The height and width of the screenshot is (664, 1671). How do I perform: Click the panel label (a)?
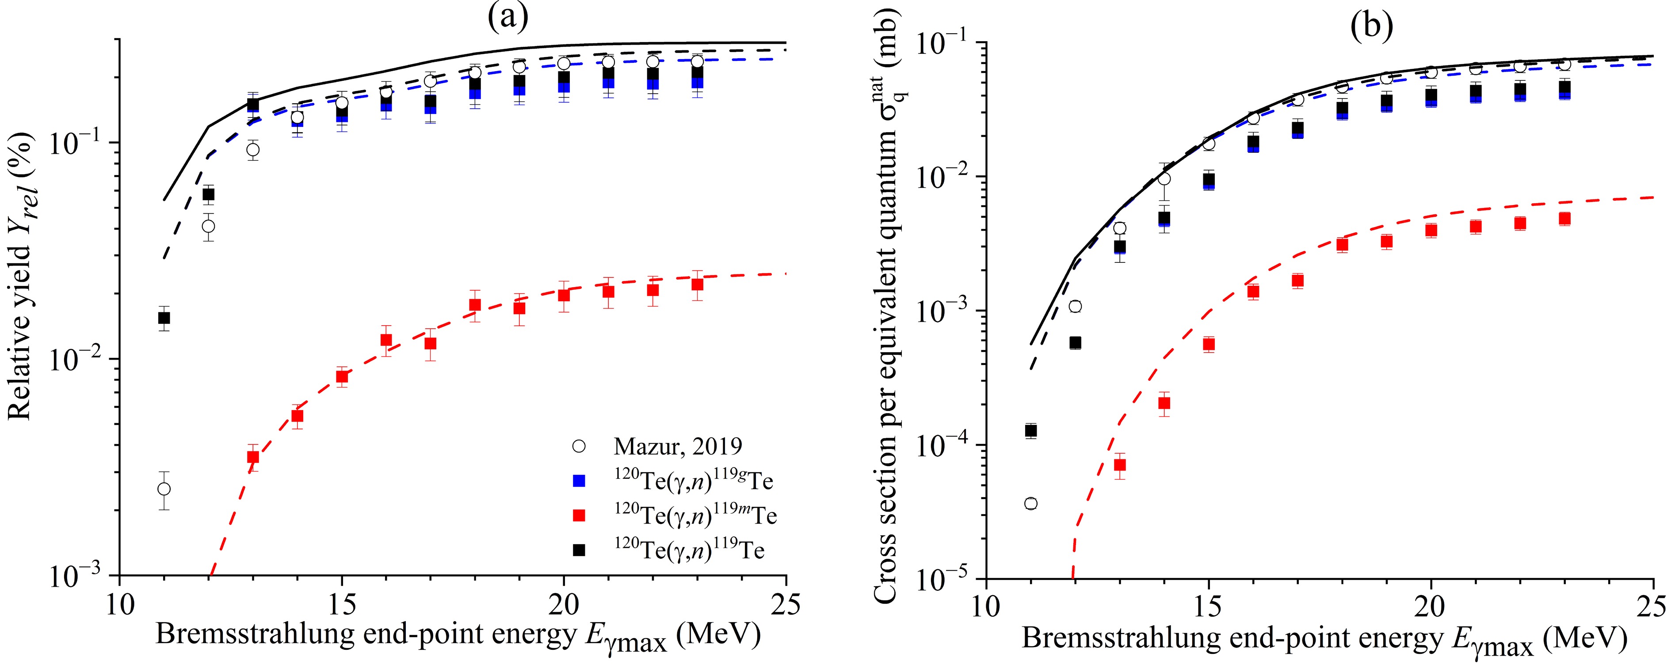[508, 18]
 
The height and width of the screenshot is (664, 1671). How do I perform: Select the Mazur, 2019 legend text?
[678, 446]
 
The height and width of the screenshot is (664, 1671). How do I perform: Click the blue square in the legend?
[579, 481]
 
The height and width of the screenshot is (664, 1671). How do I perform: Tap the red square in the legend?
[579, 516]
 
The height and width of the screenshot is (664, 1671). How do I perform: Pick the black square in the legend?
[579, 550]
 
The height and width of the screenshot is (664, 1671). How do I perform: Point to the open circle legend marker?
[579, 446]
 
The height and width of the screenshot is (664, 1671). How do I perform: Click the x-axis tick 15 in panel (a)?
[342, 605]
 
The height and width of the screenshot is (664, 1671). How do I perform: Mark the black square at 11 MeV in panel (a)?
[164, 318]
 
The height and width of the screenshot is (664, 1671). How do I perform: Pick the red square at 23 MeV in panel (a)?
[697, 284]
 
